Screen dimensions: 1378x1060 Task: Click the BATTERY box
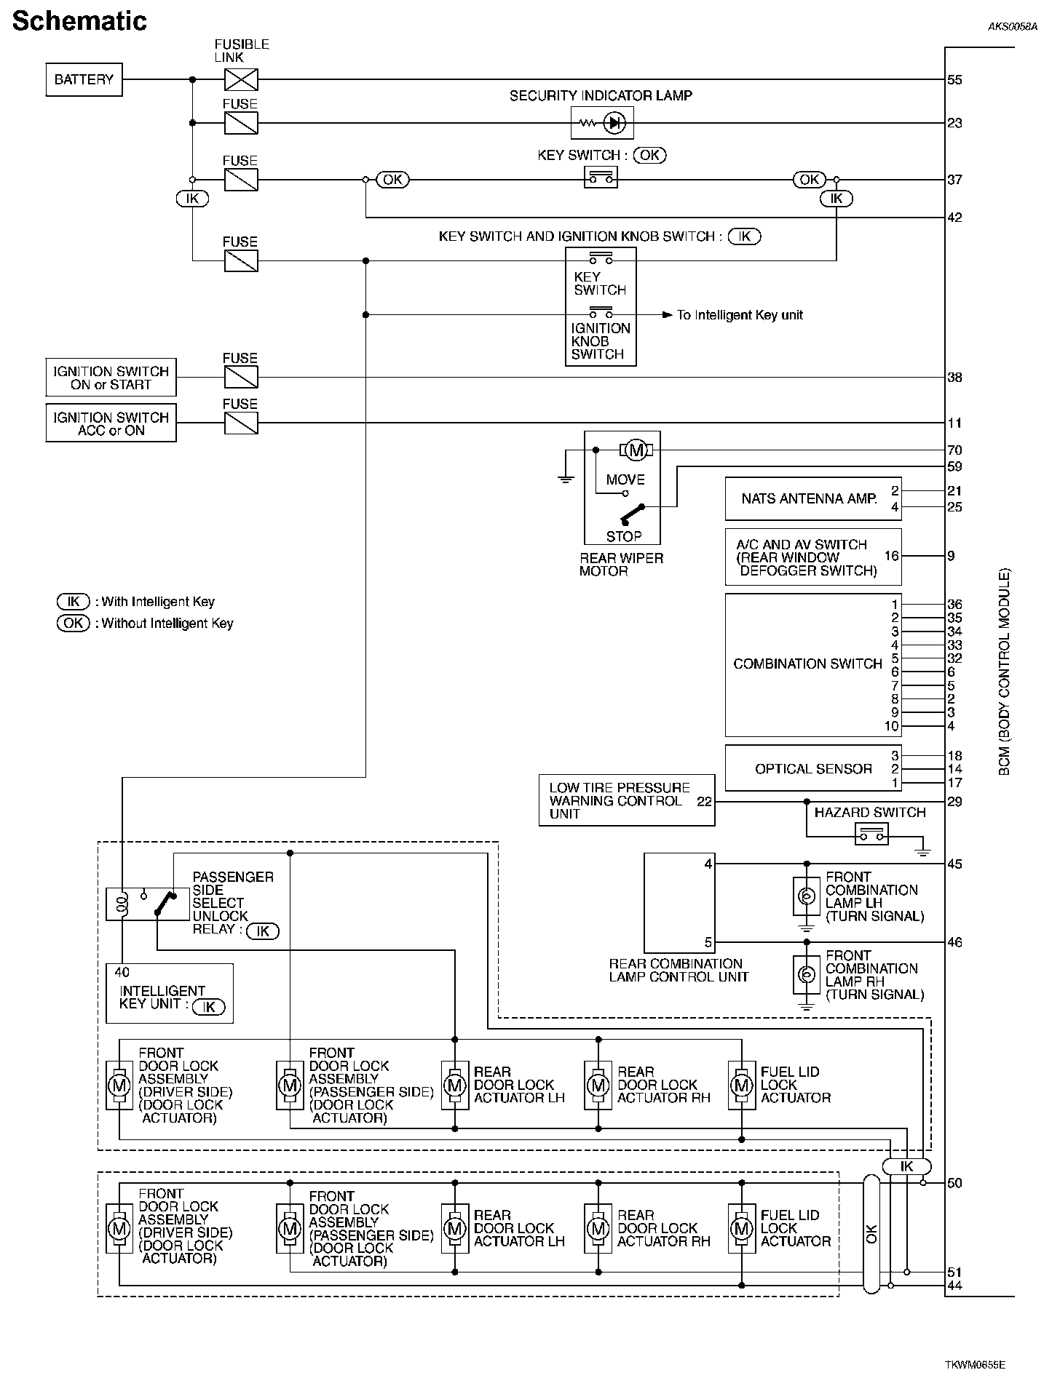tap(84, 79)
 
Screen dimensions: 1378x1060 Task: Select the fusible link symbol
tap(241, 79)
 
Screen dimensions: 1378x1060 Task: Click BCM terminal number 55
tap(954, 80)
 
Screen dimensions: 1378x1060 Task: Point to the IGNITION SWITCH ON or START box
tap(111, 378)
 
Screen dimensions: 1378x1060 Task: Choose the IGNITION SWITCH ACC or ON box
tap(111, 423)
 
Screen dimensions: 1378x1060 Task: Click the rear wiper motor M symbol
tap(636, 450)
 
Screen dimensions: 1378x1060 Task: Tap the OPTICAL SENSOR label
tap(812, 769)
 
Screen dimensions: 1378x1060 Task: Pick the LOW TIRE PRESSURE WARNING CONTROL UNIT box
tap(626, 800)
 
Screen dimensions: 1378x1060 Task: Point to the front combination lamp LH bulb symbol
tap(806, 896)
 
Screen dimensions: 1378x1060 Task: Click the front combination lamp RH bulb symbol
tap(806, 975)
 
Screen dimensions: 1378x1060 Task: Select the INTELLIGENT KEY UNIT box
tap(169, 993)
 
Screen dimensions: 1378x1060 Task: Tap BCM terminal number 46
tap(954, 942)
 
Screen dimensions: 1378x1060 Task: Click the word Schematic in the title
tap(79, 21)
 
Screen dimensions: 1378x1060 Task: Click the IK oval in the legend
tap(73, 602)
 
